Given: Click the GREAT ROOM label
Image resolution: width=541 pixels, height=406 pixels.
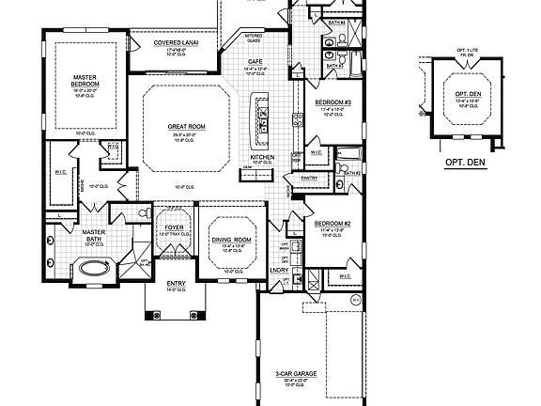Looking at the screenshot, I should [186, 126].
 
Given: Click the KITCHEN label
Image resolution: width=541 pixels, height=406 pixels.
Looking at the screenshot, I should [261, 157].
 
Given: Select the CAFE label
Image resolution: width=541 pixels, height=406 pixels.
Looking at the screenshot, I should [255, 62].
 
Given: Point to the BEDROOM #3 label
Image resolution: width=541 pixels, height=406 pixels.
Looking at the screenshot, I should [333, 101].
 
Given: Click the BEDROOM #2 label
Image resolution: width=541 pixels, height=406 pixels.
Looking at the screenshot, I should [332, 224].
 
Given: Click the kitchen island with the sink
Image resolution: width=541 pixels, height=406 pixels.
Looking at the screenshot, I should [260, 117].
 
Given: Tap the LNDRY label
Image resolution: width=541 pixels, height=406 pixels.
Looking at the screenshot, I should [280, 272].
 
